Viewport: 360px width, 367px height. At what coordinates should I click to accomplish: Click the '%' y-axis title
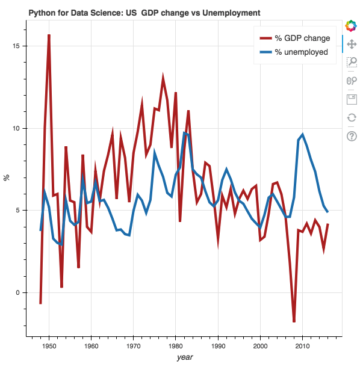[7, 177]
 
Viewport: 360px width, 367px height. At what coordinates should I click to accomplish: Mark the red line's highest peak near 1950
[49, 35]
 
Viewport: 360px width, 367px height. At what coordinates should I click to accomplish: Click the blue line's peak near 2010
[302, 135]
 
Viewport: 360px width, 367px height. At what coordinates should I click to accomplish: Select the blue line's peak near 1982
[184, 133]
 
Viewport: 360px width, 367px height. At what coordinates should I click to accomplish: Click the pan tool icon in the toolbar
[352, 43]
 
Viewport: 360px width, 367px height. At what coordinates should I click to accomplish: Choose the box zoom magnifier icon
[352, 62]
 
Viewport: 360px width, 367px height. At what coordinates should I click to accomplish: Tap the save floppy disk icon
[352, 99]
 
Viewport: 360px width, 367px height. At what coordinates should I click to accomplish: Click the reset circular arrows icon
[352, 117]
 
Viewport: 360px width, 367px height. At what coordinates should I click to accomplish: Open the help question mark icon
[352, 136]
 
